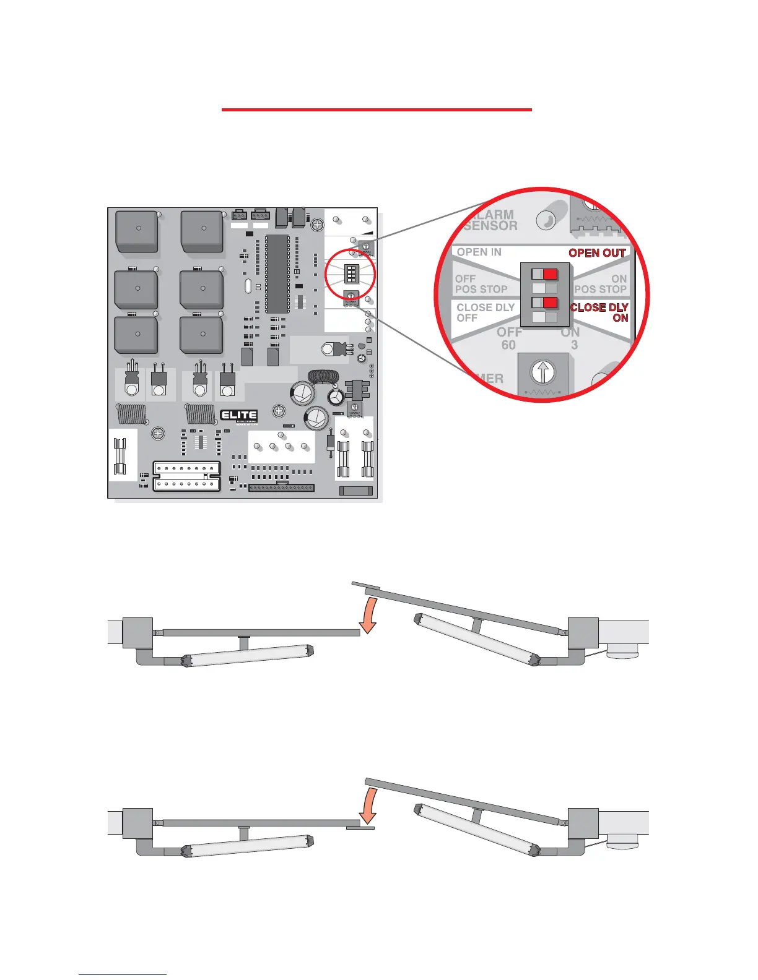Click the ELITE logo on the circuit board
[x=239, y=415]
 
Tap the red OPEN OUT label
[x=597, y=253]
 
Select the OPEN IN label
[x=479, y=252]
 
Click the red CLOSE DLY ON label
[x=599, y=312]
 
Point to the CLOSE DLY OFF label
[x=485, y=312]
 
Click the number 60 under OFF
[x=508, y=345]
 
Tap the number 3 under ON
[x=574, y=345]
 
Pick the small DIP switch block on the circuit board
[x=351, y=273]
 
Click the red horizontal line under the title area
[x=377, y=110]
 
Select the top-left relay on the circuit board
[x=137, y=231]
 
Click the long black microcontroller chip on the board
[x=277, y=273]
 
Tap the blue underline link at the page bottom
[x=123, y=974]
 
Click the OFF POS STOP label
[x=481, y=284]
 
